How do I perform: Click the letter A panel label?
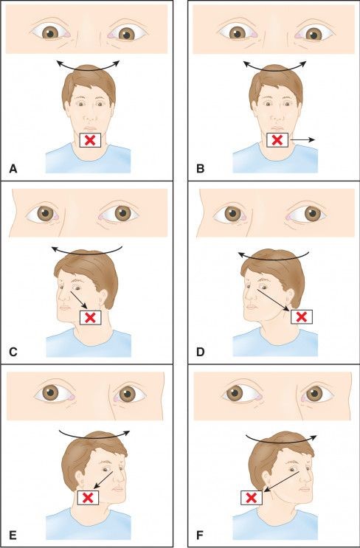13,169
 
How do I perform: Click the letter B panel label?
198,169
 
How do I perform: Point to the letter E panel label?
13,535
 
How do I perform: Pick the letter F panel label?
198,535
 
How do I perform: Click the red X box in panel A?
89,140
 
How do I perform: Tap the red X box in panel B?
277,139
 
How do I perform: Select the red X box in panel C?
90,317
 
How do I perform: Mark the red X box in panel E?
89,499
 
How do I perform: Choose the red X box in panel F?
252,498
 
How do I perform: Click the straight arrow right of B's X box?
303,139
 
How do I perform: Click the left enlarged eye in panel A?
52,33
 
